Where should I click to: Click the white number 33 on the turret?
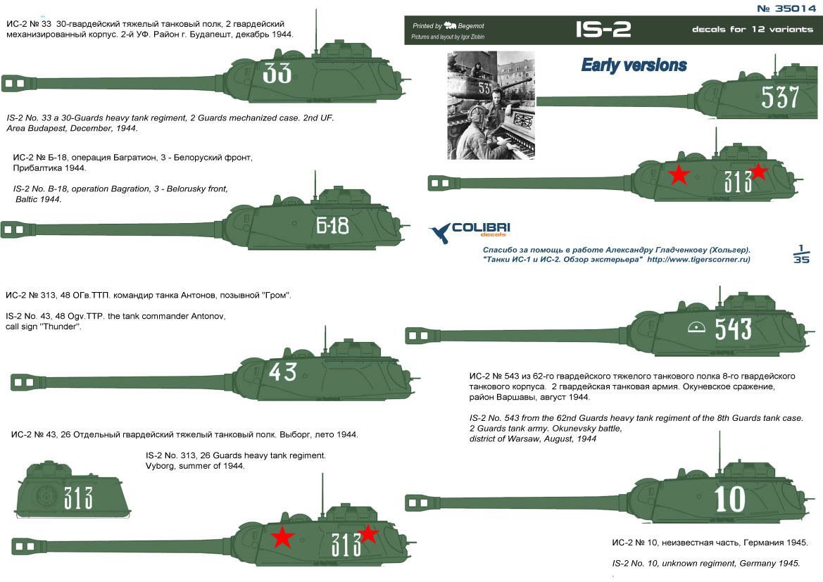tap(277, 73)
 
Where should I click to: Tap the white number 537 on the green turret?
tap(780, 97)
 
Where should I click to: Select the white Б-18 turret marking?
tap(332, 225)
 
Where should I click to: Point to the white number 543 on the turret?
tap(733, 329)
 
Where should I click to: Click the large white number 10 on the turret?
tap(729, 499)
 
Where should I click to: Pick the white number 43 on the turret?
tap(282, 371)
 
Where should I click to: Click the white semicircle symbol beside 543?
tap(696, 327)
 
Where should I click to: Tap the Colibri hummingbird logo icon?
tap(441, 233)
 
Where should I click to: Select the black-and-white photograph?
tap(490, 106)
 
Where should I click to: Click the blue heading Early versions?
tap(634, 65)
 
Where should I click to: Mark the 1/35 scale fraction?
tap(800, 254)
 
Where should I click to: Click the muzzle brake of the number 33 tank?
tap(14, 82)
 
